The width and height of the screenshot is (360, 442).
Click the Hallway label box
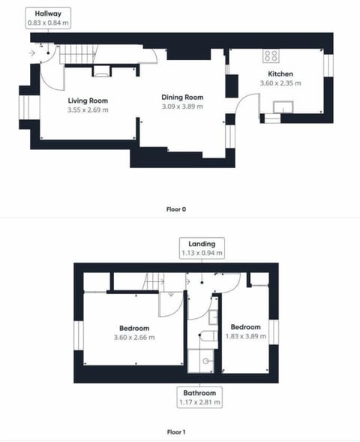pyautogui.click(x=49, y=18)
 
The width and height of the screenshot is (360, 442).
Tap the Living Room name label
pyautogui.click(x=88, y=101)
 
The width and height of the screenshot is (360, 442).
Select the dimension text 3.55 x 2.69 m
pyautogui.click(x=88, y=110)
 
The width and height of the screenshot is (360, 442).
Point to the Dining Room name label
pyautogui.click(x=183, y=98)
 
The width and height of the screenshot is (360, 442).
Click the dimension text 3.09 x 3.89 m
pyautogui.click(x=183, y=107)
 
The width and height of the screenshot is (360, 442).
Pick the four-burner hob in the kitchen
pyautogui.click(x=270, y=56)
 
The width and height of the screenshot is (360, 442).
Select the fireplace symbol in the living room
pyautogui.click(x=101, y=72)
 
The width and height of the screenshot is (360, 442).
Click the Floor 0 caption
pyautogui.click(x=175, y=209)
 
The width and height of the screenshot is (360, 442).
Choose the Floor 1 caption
pyautogui.click(x=175, y=432)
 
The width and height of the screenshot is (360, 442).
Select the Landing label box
pyautogui.click(x=202, y=248)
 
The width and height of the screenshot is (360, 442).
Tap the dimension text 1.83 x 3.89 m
pyautogui.click(x=245, y=337)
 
